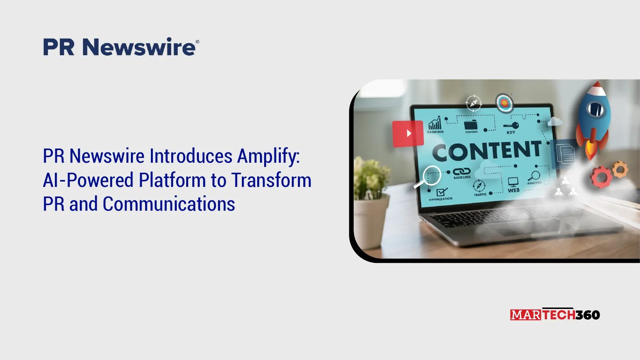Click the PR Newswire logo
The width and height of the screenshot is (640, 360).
pyautogui.click(x=121, y=46)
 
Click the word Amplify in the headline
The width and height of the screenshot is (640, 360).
pyautogui.click(x=268, y=156)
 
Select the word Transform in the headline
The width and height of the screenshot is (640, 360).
pyautogui.click(x=271, y=180)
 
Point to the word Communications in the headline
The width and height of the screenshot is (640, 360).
pyautogui.click(x=169, y=204)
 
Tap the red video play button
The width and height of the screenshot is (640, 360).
pyautogui.click(x=408, y=134)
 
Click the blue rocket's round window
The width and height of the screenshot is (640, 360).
pyautogui.click(x=595, y=109)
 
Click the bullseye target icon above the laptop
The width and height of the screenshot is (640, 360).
pyautogui.click(x=504, y=103)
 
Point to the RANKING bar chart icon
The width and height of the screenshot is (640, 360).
pyautogui.click(x=435, y=123)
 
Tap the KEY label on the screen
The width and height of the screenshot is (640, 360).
pyautogui.click(x=511, y=132)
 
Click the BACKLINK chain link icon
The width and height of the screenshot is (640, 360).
pyautogui.click(x=461, y=171)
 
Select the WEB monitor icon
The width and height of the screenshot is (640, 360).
pyautogui.click(x=513, y=182)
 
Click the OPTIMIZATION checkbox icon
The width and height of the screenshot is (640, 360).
pyautogui.click(x=442, y=192)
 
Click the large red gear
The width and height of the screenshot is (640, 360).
pyautogui.click(x=601, y=177)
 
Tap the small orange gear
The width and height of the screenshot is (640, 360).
pyautogui.click(x=620, y=169)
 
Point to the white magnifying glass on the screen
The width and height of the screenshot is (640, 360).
pyautogui.click(x=429, y=177)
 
